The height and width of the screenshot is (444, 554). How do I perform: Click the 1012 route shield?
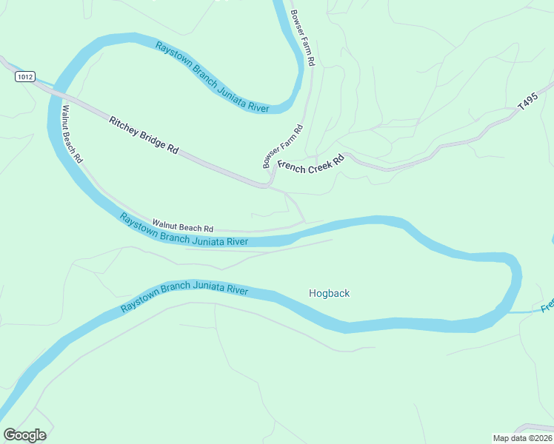[x=24, y=76]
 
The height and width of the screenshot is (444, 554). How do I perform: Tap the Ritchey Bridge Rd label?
[x=144, y=135]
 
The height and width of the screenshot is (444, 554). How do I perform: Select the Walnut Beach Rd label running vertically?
[x=72, y=134]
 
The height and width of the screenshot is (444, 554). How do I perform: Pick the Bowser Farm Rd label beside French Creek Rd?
[x=284, y=147]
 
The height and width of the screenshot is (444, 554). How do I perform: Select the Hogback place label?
[x=329, y=294]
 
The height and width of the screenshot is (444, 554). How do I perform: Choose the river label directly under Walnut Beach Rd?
[x=183, y=230]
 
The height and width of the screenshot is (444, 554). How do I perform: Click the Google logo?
[x=24, y=435]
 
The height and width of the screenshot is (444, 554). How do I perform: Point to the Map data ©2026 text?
[x=521, y=438]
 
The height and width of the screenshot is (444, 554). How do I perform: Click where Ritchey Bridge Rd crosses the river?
[x=55, y=92]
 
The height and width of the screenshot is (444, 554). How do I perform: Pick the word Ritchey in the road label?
[x=121, y=124]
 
